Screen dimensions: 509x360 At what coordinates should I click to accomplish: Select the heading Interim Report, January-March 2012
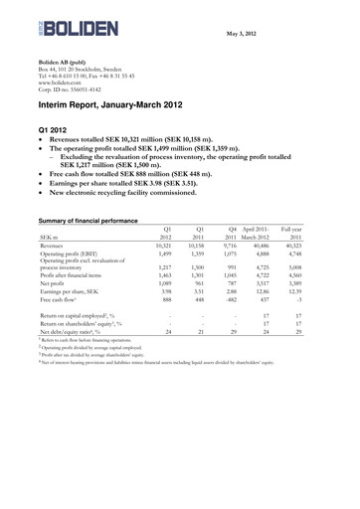[x=128, y=104]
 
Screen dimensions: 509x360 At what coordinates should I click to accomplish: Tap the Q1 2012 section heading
[x=59, y=130]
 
